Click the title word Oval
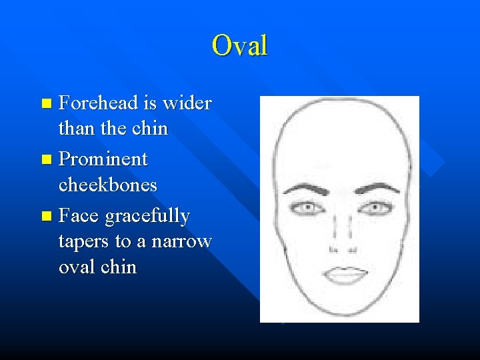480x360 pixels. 239,46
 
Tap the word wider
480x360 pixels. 187,103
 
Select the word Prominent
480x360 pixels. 103,160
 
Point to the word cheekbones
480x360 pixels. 108,184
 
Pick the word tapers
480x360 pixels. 81,241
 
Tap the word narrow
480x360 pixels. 181,241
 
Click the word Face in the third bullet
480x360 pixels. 79,217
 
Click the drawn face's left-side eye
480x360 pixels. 307,208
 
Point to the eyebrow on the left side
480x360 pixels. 305,187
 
